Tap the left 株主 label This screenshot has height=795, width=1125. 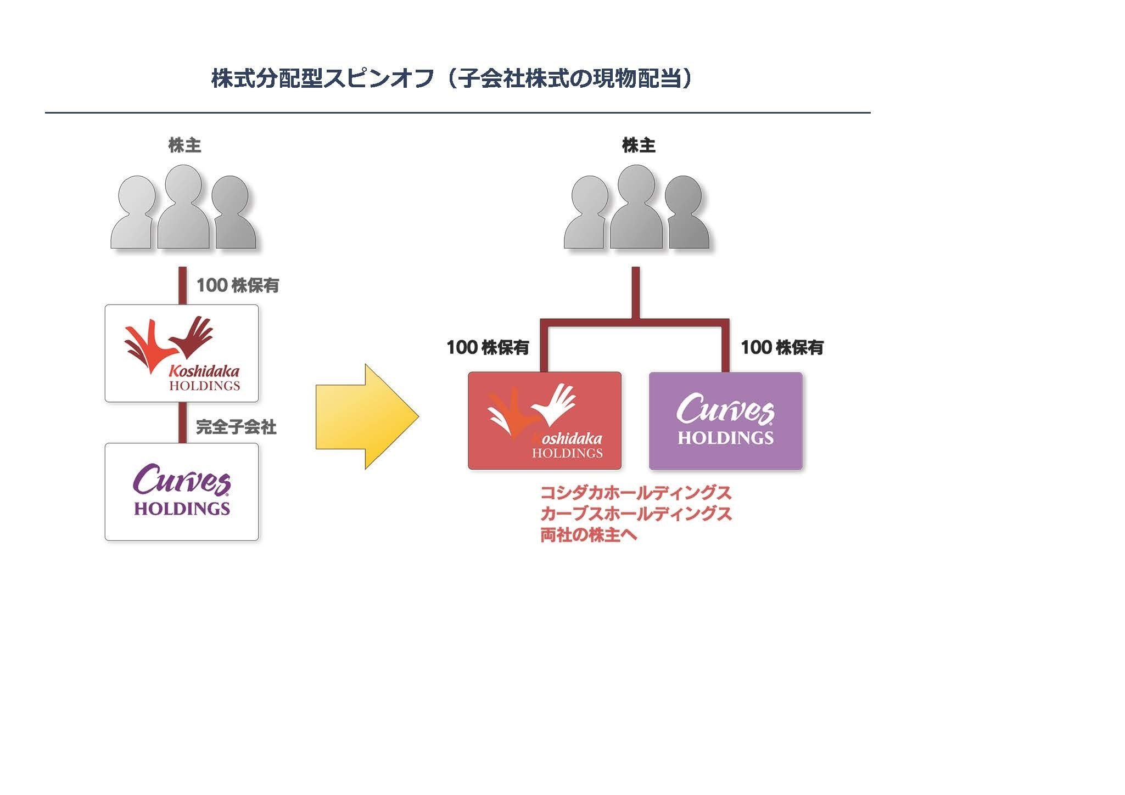point(184,145)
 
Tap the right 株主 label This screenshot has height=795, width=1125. point(639,145)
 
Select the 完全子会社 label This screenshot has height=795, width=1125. point(236,427)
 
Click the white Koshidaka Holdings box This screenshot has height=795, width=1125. point(182,353)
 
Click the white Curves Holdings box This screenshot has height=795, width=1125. point(182,492)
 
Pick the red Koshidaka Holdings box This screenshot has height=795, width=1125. point(544,421)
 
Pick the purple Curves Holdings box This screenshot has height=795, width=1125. point(725,421)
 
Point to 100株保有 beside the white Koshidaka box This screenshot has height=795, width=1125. point(238,285)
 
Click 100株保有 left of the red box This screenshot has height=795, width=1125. point(488,347)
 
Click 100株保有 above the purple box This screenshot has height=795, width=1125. point(782,347)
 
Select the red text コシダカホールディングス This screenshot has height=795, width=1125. point(636,492)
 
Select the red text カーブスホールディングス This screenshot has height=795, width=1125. point(636,514)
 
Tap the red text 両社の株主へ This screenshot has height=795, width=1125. point(589,535)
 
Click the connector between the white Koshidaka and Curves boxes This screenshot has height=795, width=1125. point(182,422)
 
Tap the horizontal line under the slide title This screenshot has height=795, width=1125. point(457,113)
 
